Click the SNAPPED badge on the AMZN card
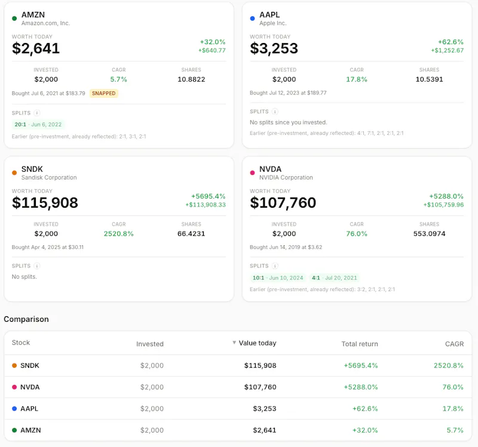coord(103,93)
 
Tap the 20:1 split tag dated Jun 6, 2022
coord(38,124)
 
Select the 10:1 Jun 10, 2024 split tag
coord(278,278)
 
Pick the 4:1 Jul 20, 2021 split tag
coord(334,278)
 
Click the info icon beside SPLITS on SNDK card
coord(37,266)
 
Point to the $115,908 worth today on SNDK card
coord(45,202)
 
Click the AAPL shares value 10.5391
coord(429,79)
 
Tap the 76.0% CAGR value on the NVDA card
coord(357,233)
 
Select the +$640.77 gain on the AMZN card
coord(212,50)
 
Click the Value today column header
coord(258,343)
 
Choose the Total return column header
coord(360,344)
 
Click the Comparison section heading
coord(26,319)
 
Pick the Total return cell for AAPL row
coord(365,408)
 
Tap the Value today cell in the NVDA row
coord(261,387)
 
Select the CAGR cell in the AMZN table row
coord(455,430)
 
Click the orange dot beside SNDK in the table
coord(14,365)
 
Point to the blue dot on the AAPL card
coord(252,19)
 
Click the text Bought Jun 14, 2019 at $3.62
coord(286,247)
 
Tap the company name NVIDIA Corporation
coord(286,177)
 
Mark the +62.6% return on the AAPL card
coord(451,42)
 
